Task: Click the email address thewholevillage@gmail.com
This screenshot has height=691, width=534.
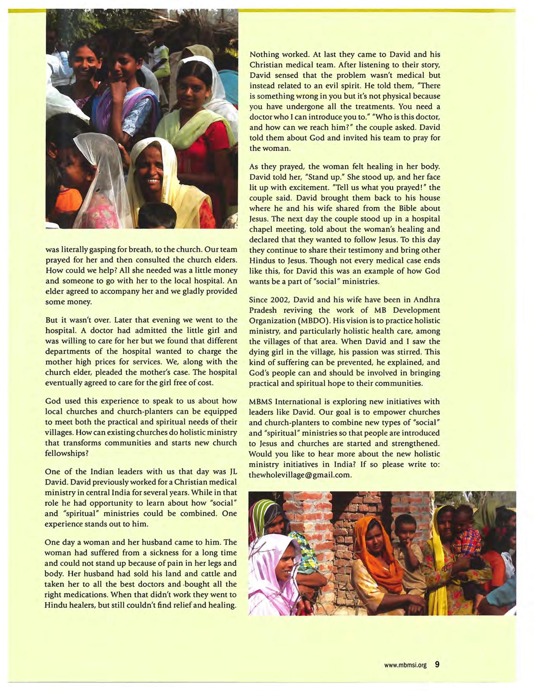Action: click(300, 475)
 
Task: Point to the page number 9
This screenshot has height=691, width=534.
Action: click(437, 665)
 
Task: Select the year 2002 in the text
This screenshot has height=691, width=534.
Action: click(280, 300)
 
